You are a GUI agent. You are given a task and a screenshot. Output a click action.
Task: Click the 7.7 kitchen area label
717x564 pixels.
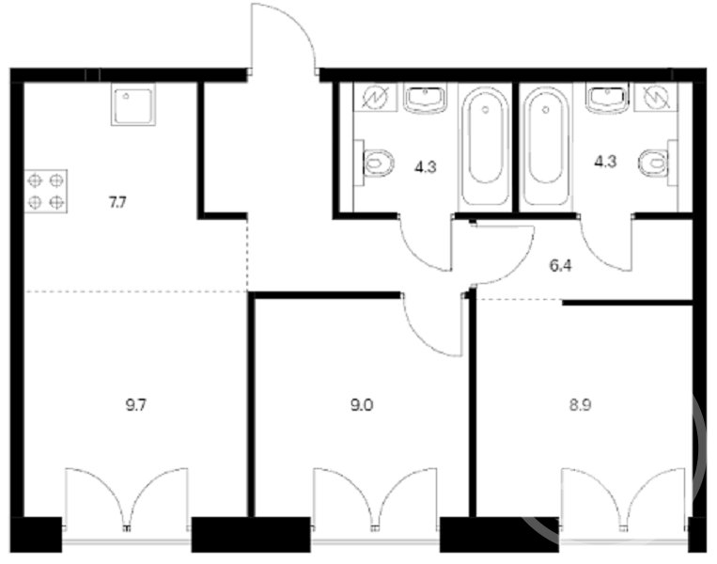pos(117,202)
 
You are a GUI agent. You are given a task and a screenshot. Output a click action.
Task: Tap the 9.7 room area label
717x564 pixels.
pos(136,405)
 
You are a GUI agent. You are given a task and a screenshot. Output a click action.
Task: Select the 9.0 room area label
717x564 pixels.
pos(362,405)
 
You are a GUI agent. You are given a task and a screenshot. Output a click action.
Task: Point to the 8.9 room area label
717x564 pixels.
pos(581,405)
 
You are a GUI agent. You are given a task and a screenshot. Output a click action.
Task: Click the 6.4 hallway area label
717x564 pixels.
pos(560,266)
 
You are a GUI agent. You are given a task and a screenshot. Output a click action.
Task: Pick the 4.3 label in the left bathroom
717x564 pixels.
pos(426,167)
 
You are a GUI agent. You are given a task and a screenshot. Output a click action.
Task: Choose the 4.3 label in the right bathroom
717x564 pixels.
pos(605,162)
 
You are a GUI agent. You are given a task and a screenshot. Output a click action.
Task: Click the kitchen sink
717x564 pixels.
pos(133,104)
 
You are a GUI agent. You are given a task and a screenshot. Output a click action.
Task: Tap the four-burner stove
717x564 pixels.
pos(46,191)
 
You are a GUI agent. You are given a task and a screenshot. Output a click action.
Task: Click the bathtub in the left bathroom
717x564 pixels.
pos(485,147)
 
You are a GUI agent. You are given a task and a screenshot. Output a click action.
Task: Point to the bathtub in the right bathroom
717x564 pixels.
pos(546,147)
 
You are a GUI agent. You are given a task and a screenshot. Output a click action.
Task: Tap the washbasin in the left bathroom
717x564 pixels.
pos(426,100)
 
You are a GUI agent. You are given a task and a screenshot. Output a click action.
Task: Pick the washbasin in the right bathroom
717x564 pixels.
pos(608,100)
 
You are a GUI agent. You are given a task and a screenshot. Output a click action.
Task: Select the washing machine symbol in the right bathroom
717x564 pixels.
pos(657,98)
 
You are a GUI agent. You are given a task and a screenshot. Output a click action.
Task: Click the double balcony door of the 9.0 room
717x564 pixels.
pos(375,498)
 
